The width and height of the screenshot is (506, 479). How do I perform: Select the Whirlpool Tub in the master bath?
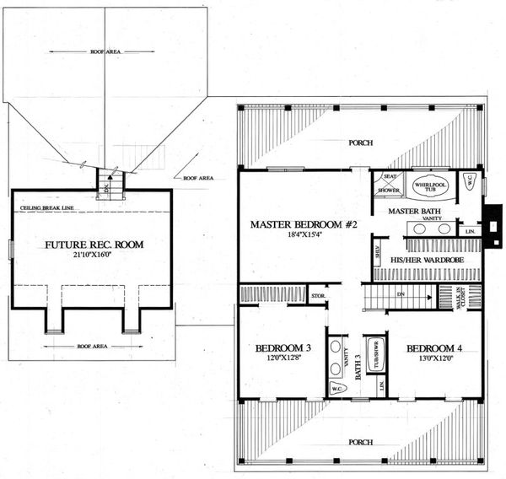(428, 186)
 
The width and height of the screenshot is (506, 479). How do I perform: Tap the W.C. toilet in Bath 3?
(336, 388)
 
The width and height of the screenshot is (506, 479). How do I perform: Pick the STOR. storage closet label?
(318, 296)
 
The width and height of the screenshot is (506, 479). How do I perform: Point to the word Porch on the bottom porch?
(360, 439)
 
